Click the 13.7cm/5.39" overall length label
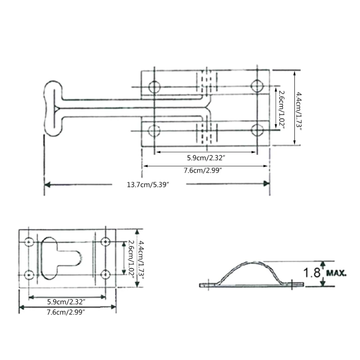148,184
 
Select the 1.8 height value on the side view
311,273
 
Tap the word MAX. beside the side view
336,273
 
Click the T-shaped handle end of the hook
53,108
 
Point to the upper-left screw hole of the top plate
154,87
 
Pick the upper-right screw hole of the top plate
257,86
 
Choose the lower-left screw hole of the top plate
154,130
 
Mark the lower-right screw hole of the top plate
257,130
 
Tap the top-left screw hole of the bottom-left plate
29,242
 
